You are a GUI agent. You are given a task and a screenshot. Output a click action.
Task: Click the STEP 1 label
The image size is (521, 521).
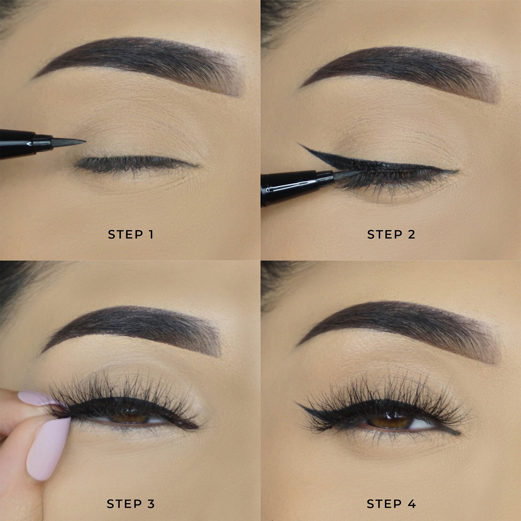point(131,234)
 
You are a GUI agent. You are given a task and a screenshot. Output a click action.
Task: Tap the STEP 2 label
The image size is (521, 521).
point(391,234)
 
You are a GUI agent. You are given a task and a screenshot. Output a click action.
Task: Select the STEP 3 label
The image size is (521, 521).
point(131,504)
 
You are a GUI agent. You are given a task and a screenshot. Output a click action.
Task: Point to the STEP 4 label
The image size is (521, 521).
point(391,504)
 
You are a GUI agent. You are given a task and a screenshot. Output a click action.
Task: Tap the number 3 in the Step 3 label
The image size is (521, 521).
point(151,504)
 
